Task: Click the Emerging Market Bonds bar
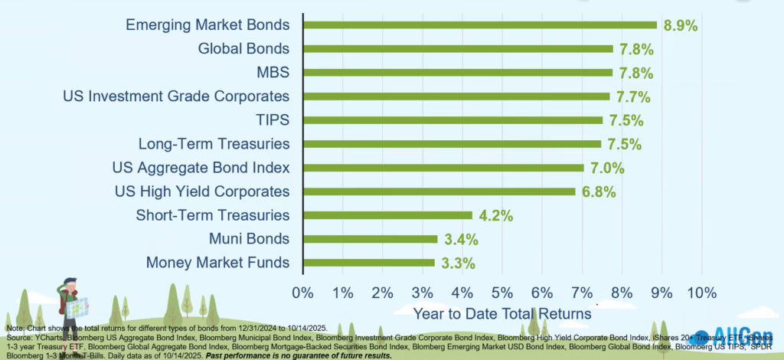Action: coord(480,25)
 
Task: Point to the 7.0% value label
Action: coord(606,168)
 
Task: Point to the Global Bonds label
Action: coord(243,49)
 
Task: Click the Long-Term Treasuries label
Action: coord(214,144)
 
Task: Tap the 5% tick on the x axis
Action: coord(502,293)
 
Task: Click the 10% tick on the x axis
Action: coord(701,293)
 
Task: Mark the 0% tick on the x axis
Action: coord(303,293)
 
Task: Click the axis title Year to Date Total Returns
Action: coord(501,313)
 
